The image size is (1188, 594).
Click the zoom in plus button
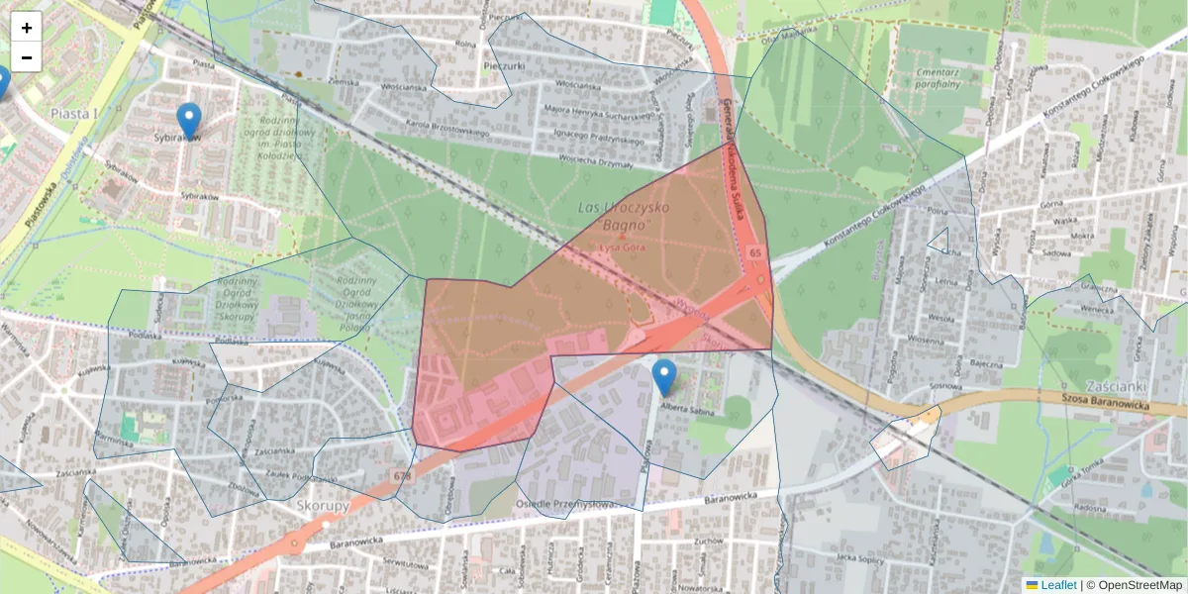[27, 28]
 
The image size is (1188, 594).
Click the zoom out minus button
[27, 57]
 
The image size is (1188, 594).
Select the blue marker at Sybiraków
[188, 120]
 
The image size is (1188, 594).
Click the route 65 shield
[755, 253]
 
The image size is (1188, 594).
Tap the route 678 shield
[402, 477]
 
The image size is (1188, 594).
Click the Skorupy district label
[323, 506]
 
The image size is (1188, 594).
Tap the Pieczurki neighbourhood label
[510, 66]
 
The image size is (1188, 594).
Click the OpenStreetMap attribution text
[1139, 585]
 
